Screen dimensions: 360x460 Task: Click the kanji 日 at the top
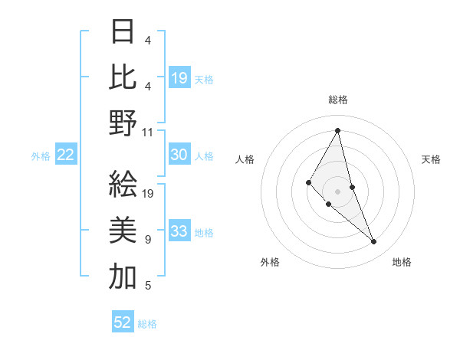coord(123,33)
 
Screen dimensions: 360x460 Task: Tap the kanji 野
coord(123,123)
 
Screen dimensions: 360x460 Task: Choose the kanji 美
coord(123,231)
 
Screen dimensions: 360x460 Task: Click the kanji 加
coord(123,277)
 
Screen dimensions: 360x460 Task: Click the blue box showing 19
coord(179,78)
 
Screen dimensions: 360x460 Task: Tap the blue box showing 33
coord(179,232)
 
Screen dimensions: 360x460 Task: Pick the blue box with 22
coord(66,155)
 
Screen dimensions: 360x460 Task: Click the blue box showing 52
coord(123,322)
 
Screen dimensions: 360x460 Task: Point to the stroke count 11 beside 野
coord(148,132)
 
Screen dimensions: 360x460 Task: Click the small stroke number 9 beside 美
coord(148,240)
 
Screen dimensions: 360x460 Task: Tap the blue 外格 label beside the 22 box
coord(41,156)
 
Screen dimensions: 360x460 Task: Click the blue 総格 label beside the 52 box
coord(147,324)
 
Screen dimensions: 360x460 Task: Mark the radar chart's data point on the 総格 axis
coord(337,129)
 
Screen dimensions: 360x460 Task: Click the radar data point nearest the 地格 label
coord(374,242)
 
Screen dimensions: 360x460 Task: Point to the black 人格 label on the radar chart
coord(245,159)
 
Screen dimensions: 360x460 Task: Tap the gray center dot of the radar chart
coord(337,191)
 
